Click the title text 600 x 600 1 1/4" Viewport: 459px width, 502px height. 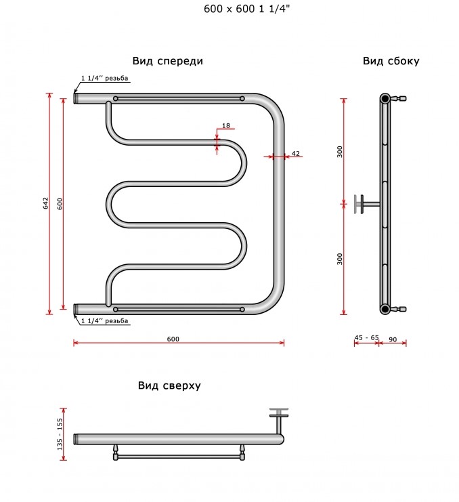pos(246,9)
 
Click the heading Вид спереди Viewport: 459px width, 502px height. pos(168,61)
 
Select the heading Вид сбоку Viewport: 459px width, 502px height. pos(391,61)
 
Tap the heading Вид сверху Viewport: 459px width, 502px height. pos(169,385)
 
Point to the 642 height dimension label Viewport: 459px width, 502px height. pos(46,203)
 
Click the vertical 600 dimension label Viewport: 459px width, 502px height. pos(60,204)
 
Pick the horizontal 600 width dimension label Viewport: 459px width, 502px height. pos(173,339)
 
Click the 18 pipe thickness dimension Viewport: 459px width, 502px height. pos(226,125)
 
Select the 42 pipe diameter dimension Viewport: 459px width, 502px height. pos(296,153)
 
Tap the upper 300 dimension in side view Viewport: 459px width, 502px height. pos(339,152)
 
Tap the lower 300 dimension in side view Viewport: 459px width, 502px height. pos(339,259)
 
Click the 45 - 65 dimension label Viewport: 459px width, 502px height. pos(366,337)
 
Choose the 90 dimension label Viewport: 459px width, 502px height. pos(393,339)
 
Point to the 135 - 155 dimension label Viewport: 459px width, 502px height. pos(60,434)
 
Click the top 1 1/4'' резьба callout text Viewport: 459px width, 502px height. pos(104,78)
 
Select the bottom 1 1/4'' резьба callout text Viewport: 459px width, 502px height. pos(104,321)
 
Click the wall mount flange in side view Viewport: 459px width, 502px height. pos(359,204)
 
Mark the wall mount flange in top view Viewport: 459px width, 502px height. pos(279,413)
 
